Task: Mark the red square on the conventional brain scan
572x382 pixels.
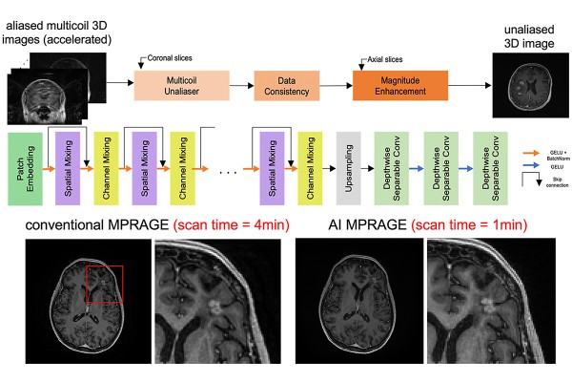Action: pos(104,284)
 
